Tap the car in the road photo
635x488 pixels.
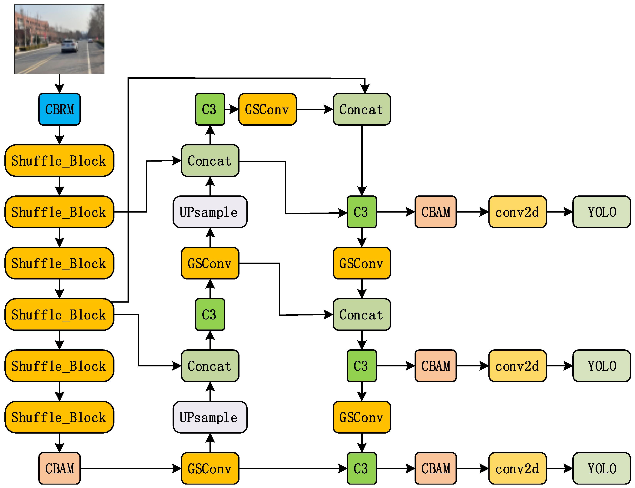(x=69, y=47)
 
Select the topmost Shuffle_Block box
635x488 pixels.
(x=59, y=161)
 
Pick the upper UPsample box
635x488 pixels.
(x=210, y=212)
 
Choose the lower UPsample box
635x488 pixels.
(x=210, y=417)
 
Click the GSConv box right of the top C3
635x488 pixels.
(x=267, y=109)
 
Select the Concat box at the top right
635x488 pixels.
(x=361, y=109)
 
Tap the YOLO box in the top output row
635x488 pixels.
(x=601, y=212)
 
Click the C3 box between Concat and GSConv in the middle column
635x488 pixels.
(x=210, y=314)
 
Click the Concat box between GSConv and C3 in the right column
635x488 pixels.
(x=361, y=314)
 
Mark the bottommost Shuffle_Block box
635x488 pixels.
(x=59, y=417)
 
